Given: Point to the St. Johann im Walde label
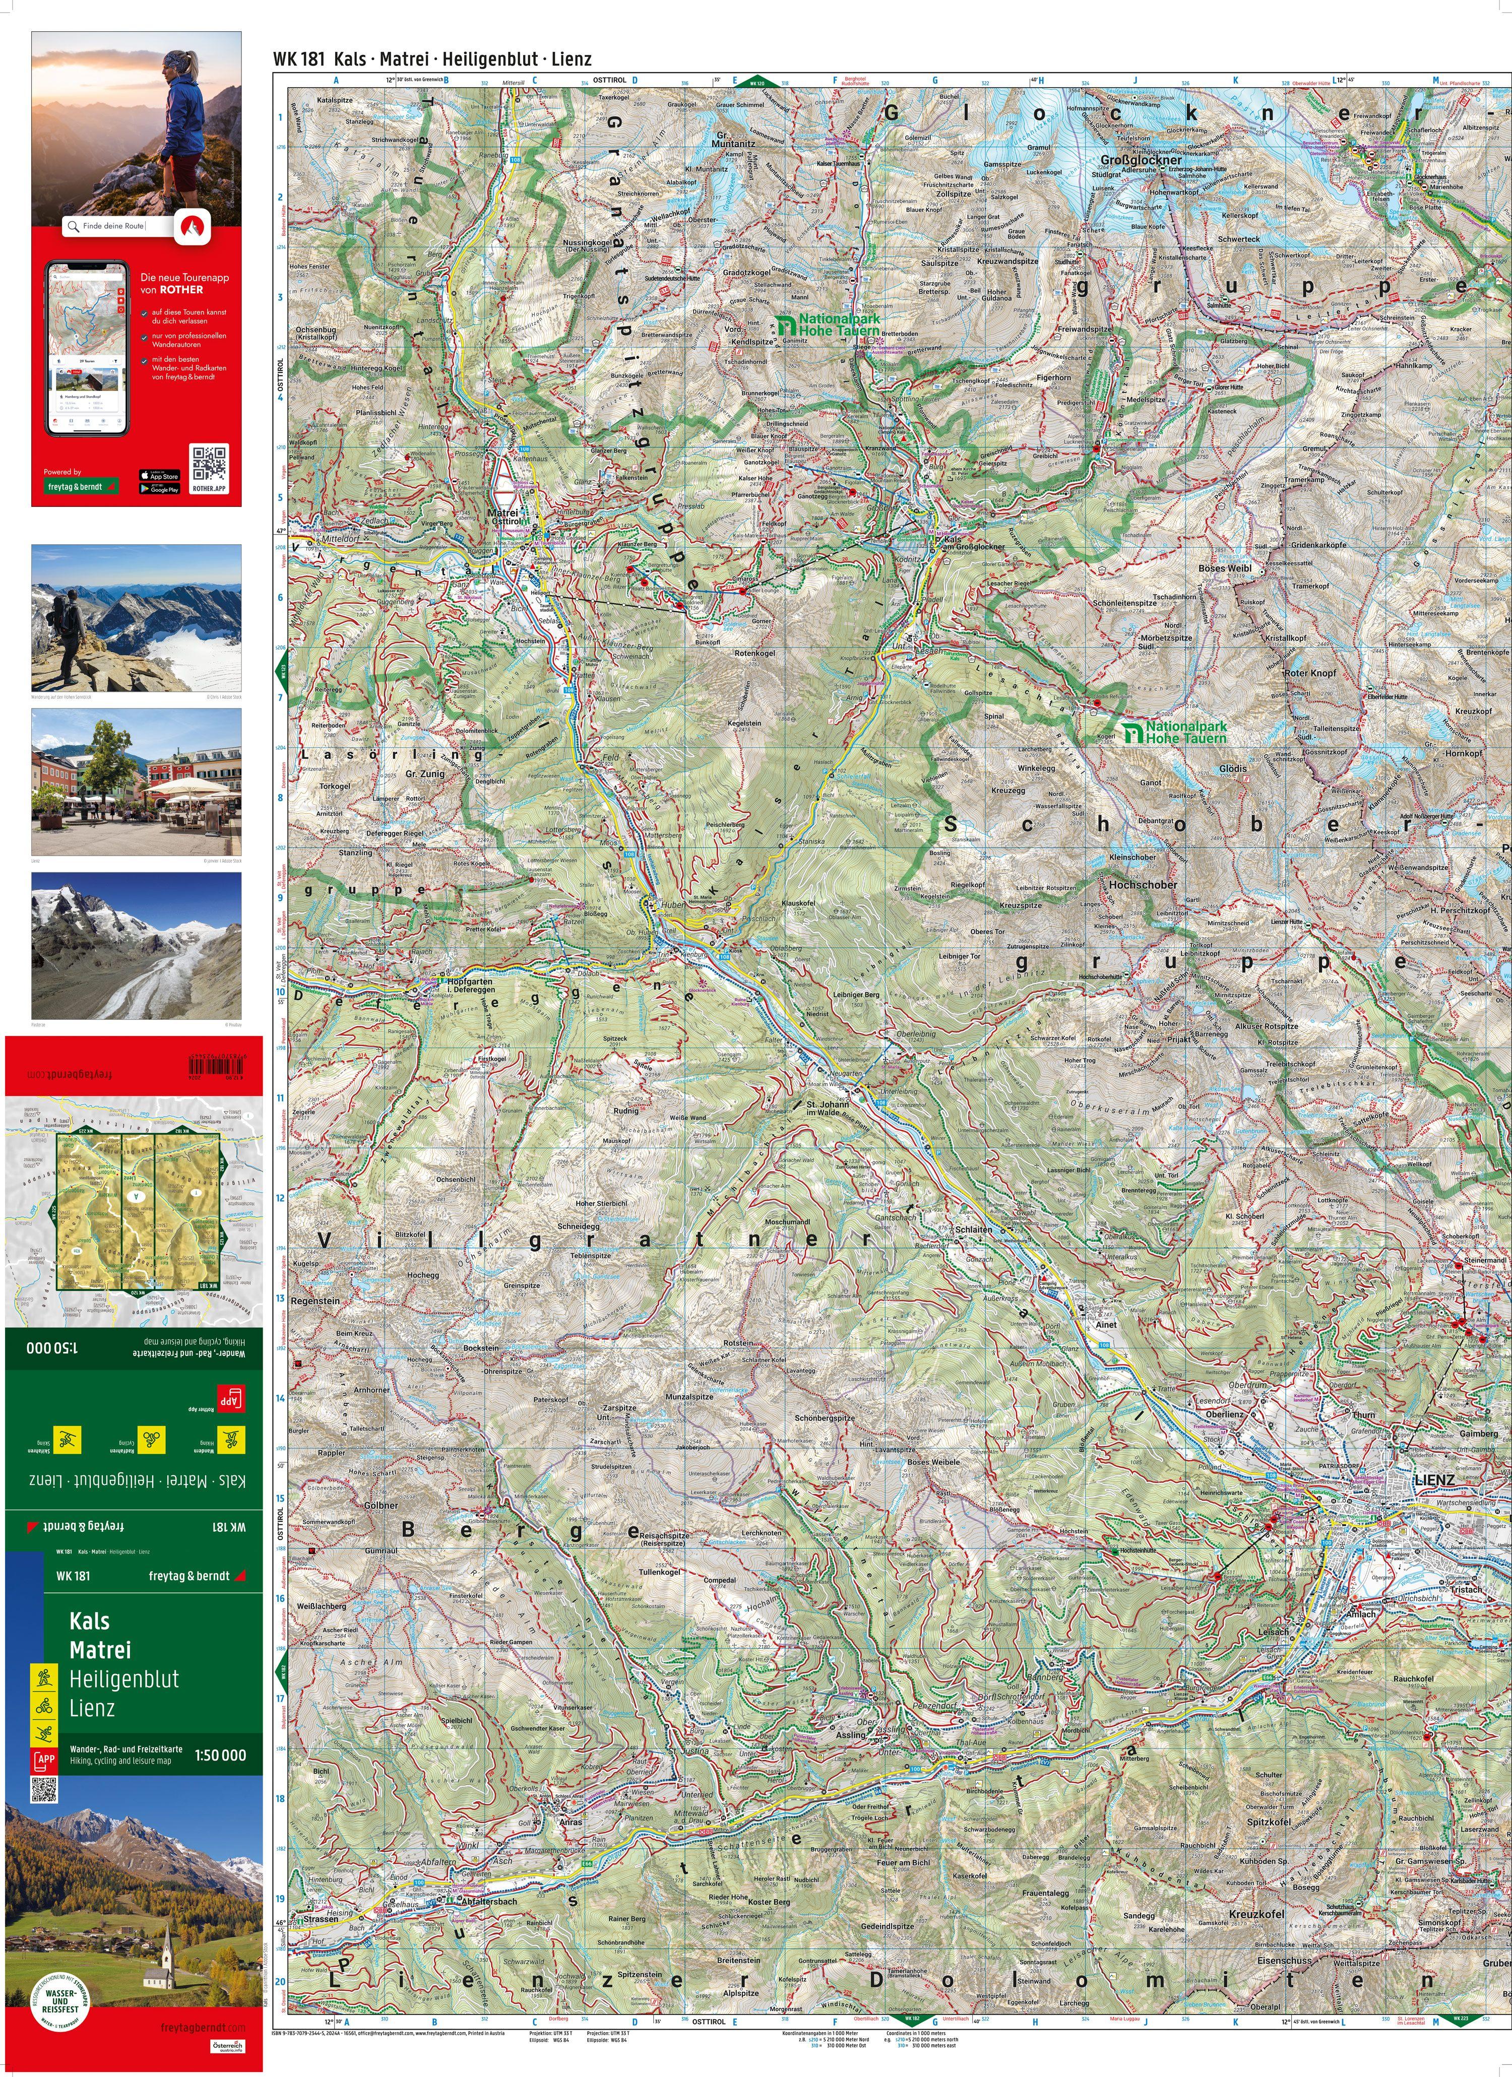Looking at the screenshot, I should [x=828, y=1109].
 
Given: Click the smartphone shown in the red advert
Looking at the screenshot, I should [x=87, y=348].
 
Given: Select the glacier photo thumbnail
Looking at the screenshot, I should [x=137, y=945].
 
